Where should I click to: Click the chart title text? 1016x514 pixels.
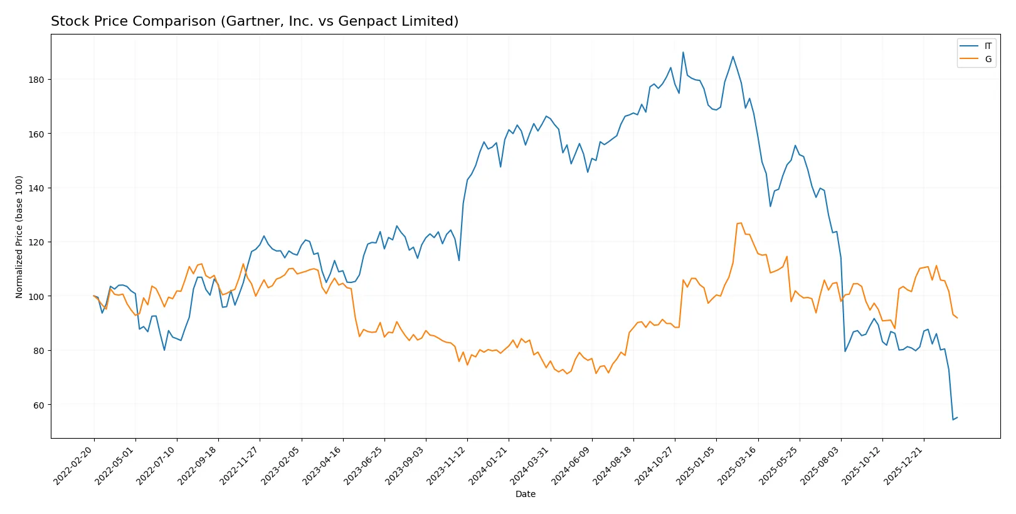255,21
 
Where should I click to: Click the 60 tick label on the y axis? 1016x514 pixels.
38,405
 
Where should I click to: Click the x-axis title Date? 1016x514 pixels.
525,494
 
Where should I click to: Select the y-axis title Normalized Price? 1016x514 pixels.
19,237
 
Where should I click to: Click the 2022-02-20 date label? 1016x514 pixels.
74,465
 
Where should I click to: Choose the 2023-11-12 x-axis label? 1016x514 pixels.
447,465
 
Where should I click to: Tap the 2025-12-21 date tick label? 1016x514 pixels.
903,465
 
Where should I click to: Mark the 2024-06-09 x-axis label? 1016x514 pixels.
571,465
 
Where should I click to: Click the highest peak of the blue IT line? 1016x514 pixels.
683,53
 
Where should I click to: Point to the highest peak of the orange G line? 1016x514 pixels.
741,223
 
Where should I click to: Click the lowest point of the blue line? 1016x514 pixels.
953,419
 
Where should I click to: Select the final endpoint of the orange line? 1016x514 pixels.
957,318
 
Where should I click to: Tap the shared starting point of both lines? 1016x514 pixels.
94,296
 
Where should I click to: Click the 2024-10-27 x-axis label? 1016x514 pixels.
654,465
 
